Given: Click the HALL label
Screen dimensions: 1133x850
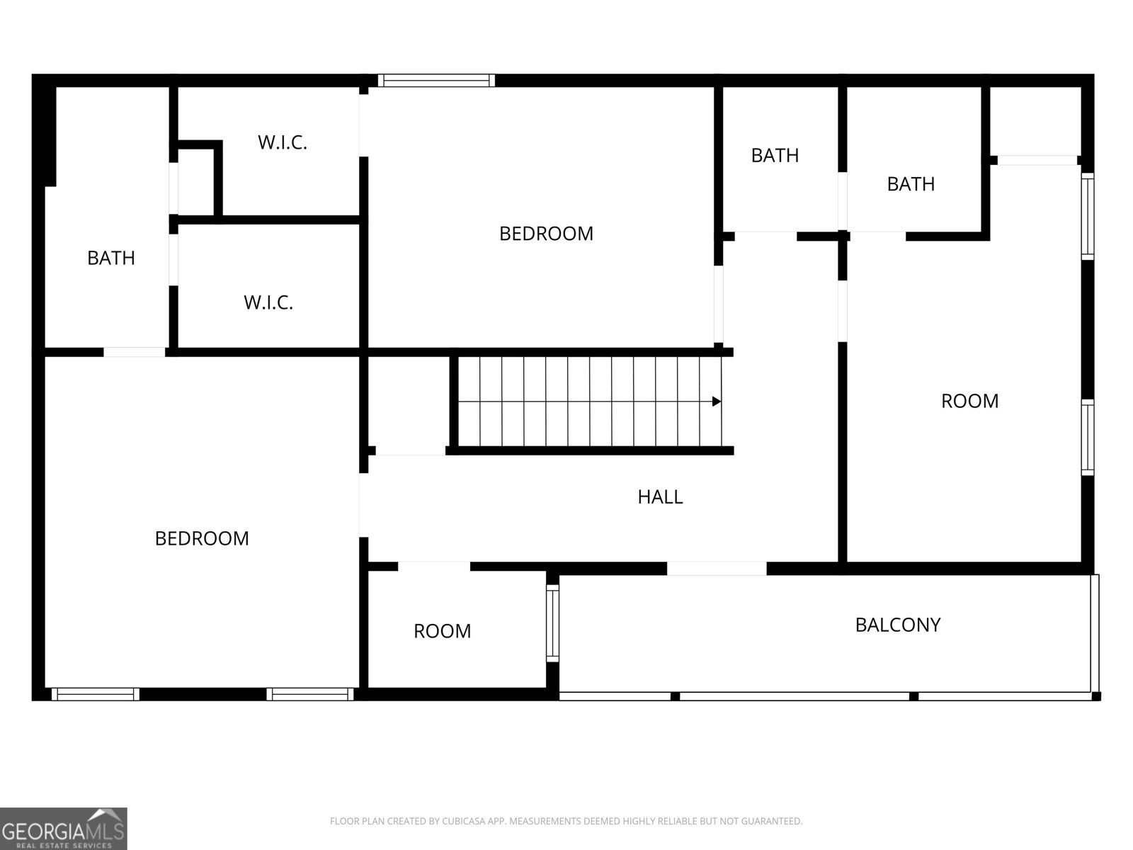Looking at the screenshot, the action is [x=660, y=497].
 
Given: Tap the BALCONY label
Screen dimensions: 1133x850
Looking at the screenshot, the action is [x=898, y=625].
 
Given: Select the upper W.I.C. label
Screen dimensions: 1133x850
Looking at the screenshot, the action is [x=283, y=142].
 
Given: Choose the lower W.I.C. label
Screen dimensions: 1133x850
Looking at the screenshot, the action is [x=268, y=302].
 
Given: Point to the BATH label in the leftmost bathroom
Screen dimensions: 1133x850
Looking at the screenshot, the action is [x=111, y=258].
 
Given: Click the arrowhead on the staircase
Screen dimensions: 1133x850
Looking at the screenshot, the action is [x=717, y=402].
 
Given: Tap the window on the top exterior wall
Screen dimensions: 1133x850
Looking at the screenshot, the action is [x=436, y=81].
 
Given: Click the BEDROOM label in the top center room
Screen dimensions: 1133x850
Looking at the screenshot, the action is [x=546, y=234].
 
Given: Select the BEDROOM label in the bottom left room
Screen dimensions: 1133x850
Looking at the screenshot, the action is [x=202, y=539].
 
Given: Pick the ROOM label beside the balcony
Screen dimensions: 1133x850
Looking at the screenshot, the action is [x=443, y=631].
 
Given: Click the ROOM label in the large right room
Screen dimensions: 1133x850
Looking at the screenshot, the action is [x=970, y=401].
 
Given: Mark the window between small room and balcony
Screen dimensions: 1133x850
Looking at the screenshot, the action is [x=552, y=623].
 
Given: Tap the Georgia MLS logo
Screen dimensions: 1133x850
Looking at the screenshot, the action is [x=64, y=829].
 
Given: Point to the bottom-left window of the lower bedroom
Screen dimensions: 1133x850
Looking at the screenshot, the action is [x=96, y=694].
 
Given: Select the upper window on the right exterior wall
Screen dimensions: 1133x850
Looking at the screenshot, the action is [x=1087, y=216].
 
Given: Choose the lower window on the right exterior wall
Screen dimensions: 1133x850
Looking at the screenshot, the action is [x=1087, y=437].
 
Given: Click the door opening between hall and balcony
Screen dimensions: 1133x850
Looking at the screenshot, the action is [x=717, y=568].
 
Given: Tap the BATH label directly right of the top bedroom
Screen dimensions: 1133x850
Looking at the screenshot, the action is [x=775, y=155].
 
